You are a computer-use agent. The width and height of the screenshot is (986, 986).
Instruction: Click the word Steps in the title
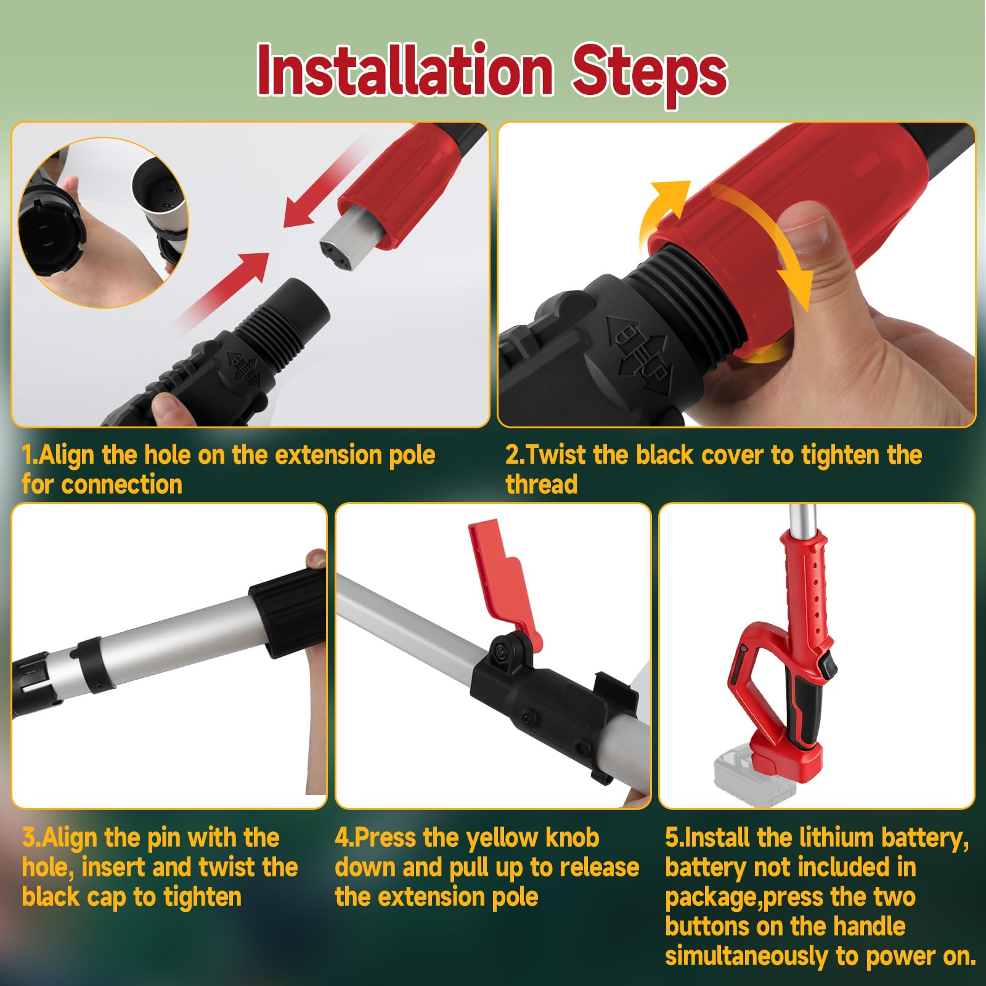tap(650, 74)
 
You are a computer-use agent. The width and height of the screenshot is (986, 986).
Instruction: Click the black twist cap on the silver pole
tap(288, 613)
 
